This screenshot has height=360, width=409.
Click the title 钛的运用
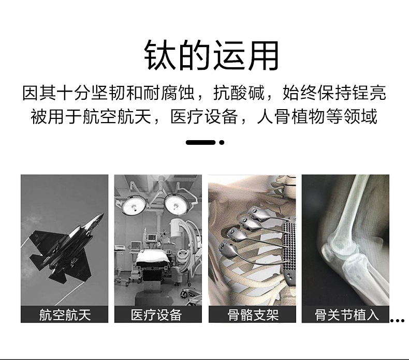click(x=211, y=55)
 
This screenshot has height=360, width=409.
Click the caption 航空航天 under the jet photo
click(x=65, y=315)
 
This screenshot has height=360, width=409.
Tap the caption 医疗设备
click(x=156, y=315)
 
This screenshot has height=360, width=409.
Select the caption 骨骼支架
click(x=253, y=315)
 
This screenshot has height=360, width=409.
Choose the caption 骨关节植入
click(x=346, y=315)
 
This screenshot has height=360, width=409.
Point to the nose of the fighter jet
click(x=103, y=214)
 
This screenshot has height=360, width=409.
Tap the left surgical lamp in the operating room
click(x=135, y=205)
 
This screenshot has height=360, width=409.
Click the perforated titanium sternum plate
click(x=289, y=253)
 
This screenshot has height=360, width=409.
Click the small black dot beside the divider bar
click(x=222, y=142)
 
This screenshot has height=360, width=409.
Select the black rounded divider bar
click(x=200, y=142)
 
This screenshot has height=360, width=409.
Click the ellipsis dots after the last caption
click(x=397, y=321)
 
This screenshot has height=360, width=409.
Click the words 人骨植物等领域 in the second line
click(x=317, y=116)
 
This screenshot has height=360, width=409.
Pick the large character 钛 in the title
click(x=159, y=55)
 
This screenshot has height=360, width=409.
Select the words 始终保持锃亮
click(x=334, y=93)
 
